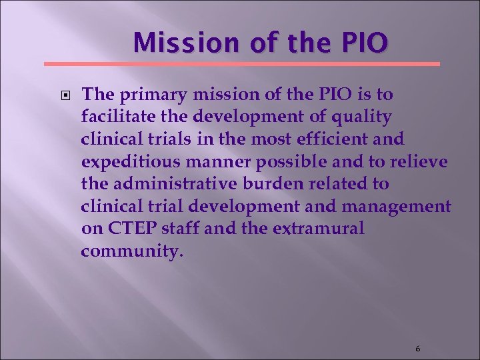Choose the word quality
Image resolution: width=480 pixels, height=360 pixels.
tap(363, 117)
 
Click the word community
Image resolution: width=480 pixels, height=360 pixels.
tap(129, 253)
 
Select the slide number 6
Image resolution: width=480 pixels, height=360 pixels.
tap(417, 349)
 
